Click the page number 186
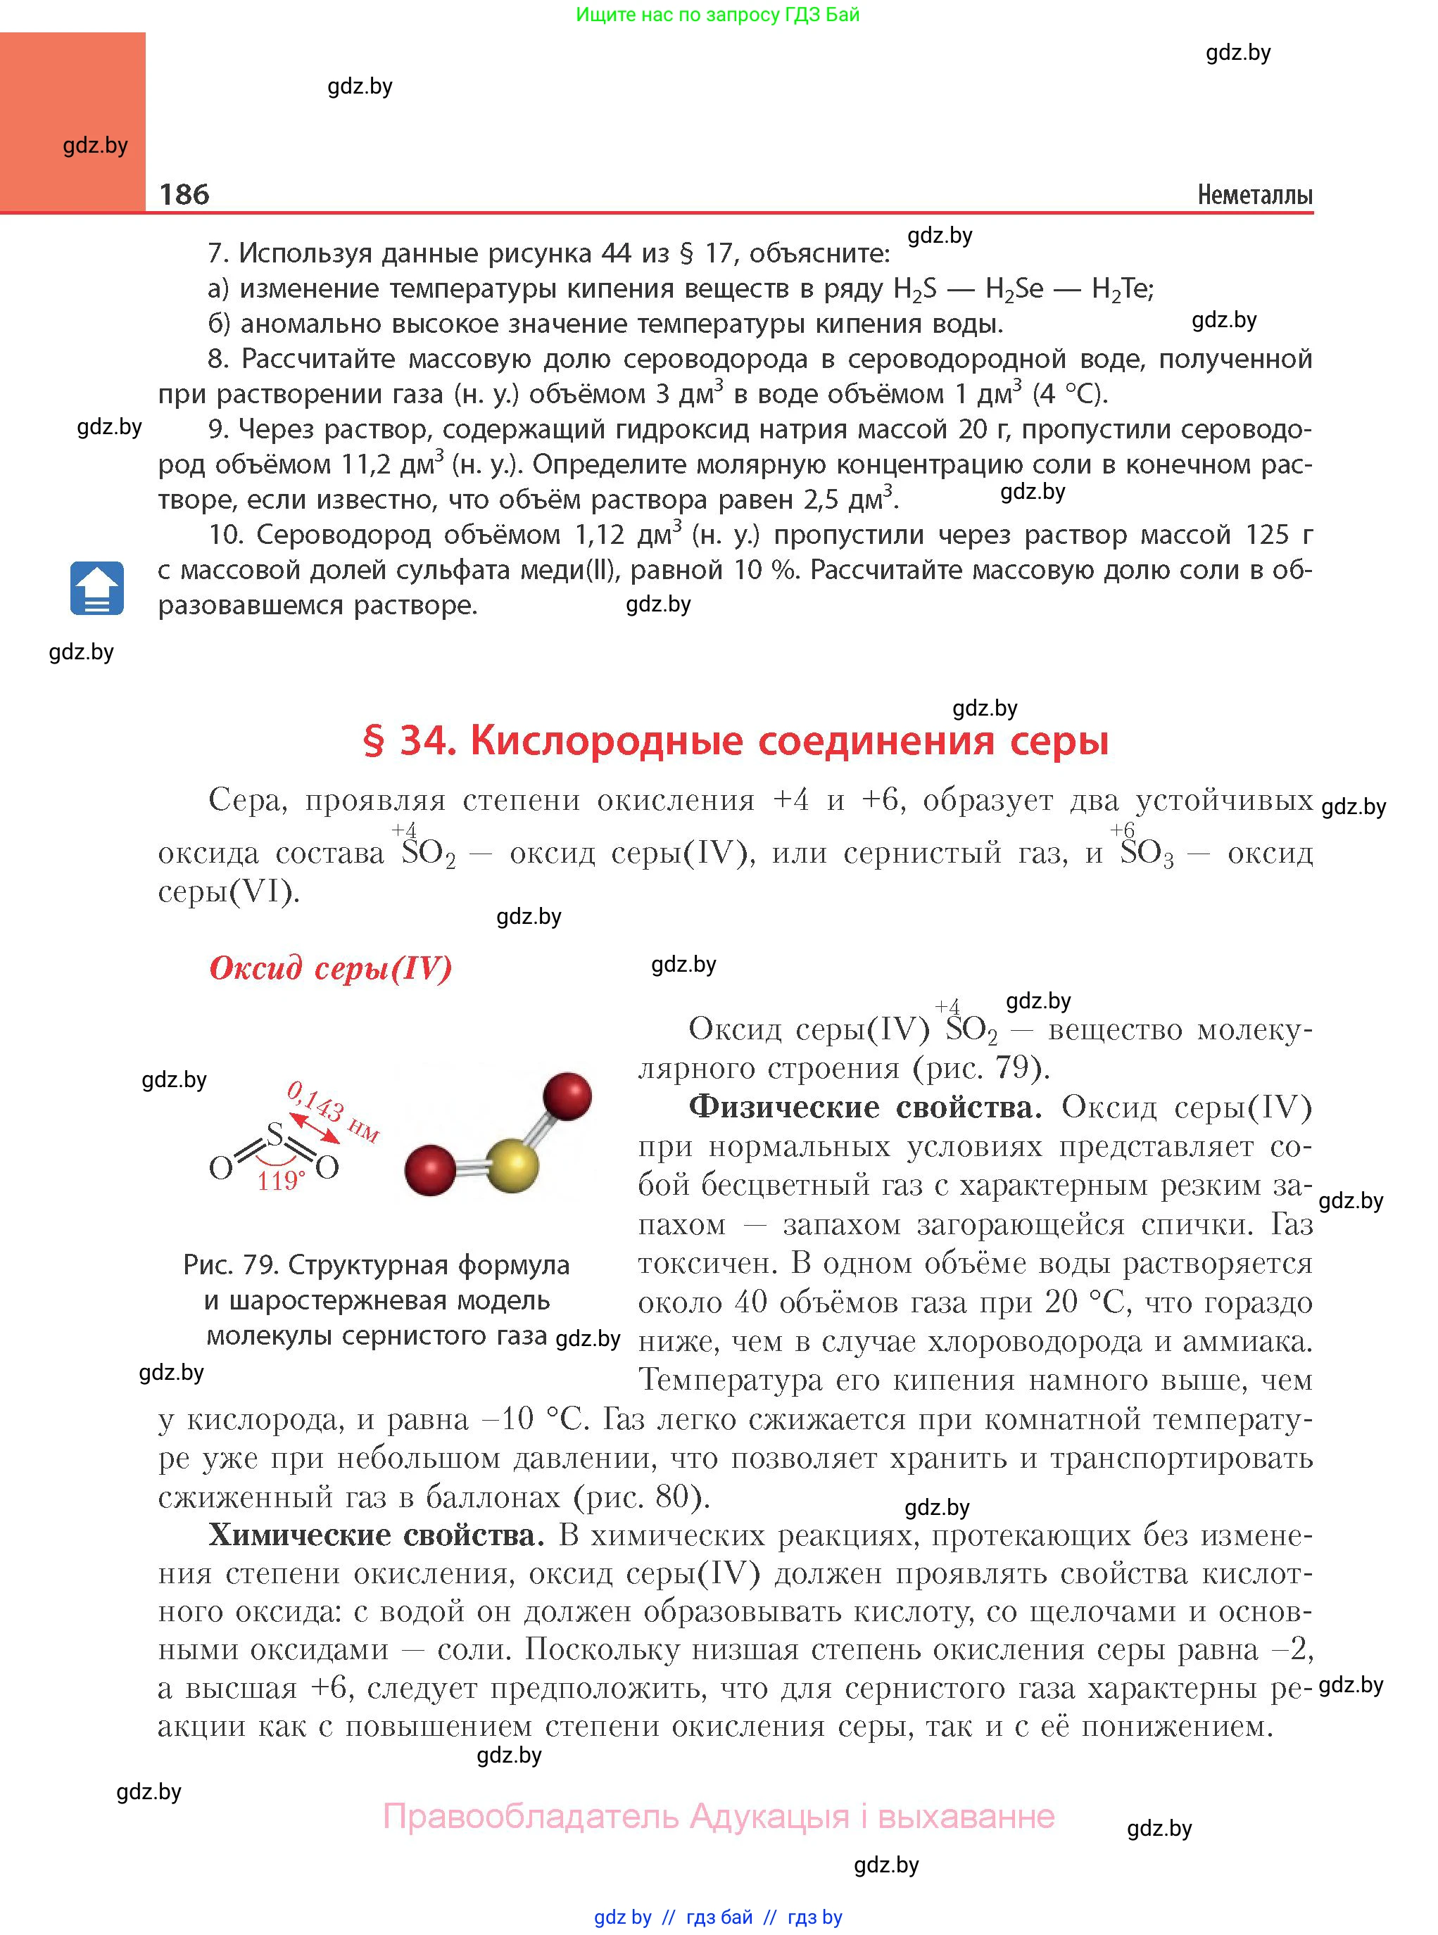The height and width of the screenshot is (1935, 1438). coord(184,194)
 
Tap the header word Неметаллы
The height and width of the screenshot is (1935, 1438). coord(1254,195)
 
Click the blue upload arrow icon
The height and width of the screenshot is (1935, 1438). coord(96,589)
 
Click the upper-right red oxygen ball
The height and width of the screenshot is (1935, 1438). coord(567,1096)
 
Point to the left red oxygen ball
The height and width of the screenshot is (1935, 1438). coord(430,1170)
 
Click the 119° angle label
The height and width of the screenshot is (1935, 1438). coord(280,1181)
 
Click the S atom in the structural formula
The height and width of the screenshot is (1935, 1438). coord(275,1134)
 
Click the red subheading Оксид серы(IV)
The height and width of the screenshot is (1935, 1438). coord(331,967)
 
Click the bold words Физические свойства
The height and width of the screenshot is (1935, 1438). coord(864,1107)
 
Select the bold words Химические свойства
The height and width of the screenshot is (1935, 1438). coord(376,1535)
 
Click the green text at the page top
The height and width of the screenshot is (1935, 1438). coord(717,15)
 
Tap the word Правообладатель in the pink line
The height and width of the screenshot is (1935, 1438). coord(530,1816)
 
